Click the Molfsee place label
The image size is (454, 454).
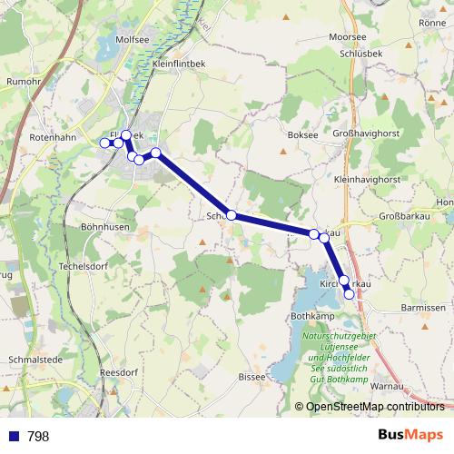pos(133,40)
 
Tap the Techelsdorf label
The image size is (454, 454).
pos(84,257)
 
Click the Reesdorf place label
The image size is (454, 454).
pos(120,372)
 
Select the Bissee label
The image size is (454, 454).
pos(251,376)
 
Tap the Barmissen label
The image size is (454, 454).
pos(423,308)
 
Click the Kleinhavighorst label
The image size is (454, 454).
pos(368,181)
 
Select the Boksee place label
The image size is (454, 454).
pos(302,135)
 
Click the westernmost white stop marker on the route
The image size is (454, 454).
pos(104,143)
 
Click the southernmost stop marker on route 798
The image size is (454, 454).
pos(349,294)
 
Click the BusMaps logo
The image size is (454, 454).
pos(411,436)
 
